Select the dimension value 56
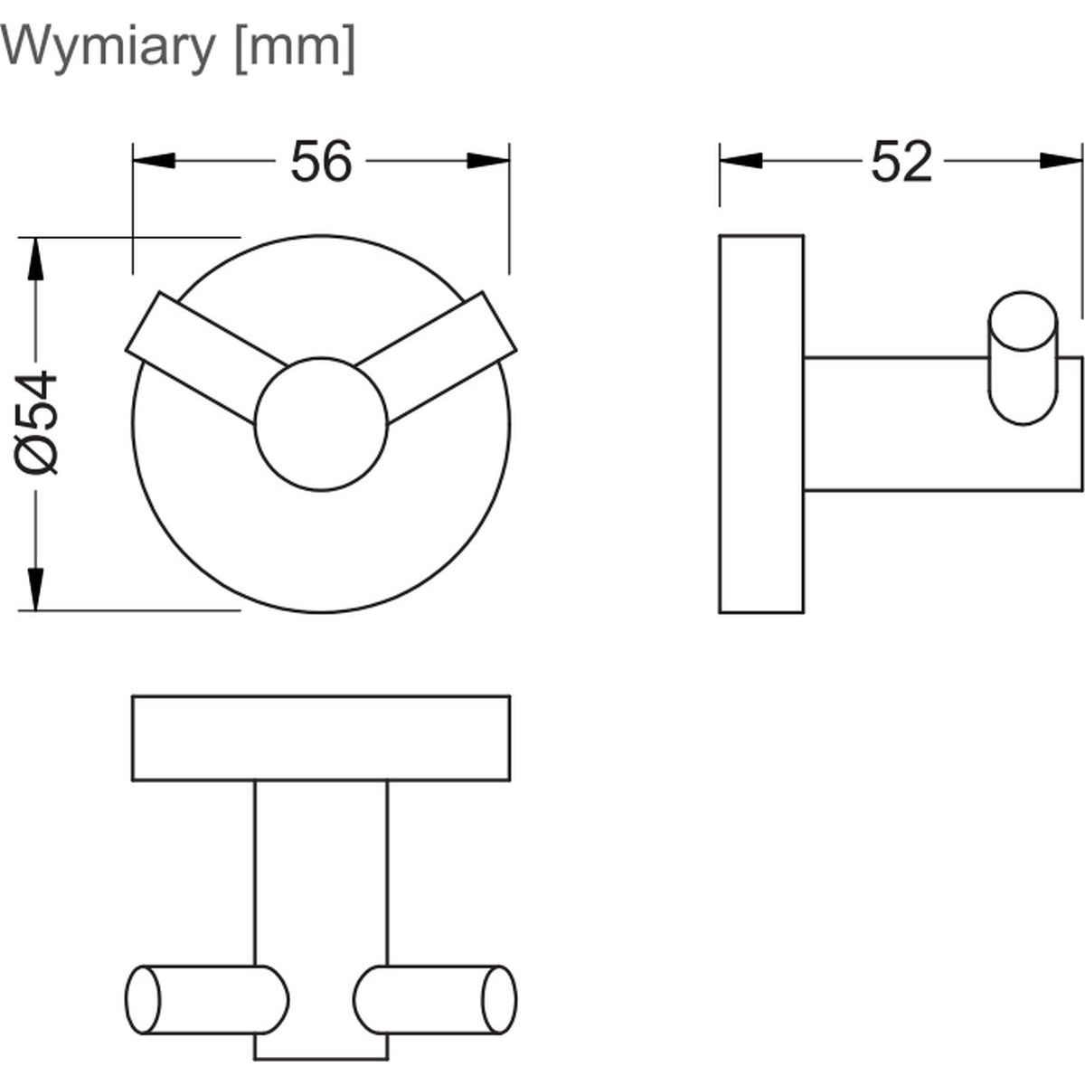[x=320, y=163]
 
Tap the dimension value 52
[x=901, y=164]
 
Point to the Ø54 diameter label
[x=39, y=422]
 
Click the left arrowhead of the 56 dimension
[x=153, y=161]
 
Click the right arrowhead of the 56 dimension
[x=488, y=161]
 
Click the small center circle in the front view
[x=321, y=424]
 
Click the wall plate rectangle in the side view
[x=760, y=423]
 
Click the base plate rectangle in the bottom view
[x=321, y=737]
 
